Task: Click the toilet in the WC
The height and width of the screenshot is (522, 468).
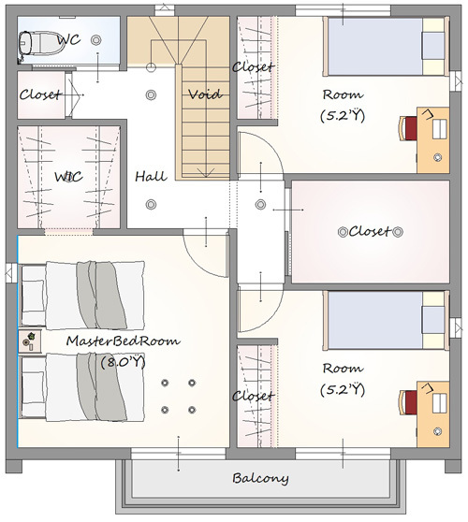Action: tap(41, 42)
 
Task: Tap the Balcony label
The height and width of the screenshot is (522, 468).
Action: tap(260, 478)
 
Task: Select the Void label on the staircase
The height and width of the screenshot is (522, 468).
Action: tap(205, 94)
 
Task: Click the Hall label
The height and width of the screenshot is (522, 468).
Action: tap(151, 176)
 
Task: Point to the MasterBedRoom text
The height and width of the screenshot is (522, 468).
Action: tap(124, 341)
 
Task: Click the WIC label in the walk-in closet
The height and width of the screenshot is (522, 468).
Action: tap(68, 177)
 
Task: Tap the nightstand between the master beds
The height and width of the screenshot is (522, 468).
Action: tap(30, 341)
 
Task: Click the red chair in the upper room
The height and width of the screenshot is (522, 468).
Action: tap(408, 128)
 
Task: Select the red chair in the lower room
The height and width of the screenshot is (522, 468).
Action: tap(408, 402)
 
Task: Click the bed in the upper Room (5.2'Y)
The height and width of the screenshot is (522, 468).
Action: tap(386, 47)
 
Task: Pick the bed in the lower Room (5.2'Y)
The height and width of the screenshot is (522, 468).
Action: tap(386, 321)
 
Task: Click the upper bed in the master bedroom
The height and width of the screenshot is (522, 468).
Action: tap(82, 296)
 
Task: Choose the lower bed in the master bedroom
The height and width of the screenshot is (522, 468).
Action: tap(82, 387)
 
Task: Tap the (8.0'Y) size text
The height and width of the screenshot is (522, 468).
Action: tap(124, 362)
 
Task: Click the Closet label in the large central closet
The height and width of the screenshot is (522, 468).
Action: tap(369, 231)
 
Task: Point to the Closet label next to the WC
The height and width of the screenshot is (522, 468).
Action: tap(40, 94)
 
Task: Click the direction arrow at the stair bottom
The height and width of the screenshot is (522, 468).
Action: tap(206, 172)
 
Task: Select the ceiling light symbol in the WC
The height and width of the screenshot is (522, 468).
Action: tap(95, 40)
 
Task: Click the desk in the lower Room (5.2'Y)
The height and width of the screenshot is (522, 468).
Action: tap(433, 414)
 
